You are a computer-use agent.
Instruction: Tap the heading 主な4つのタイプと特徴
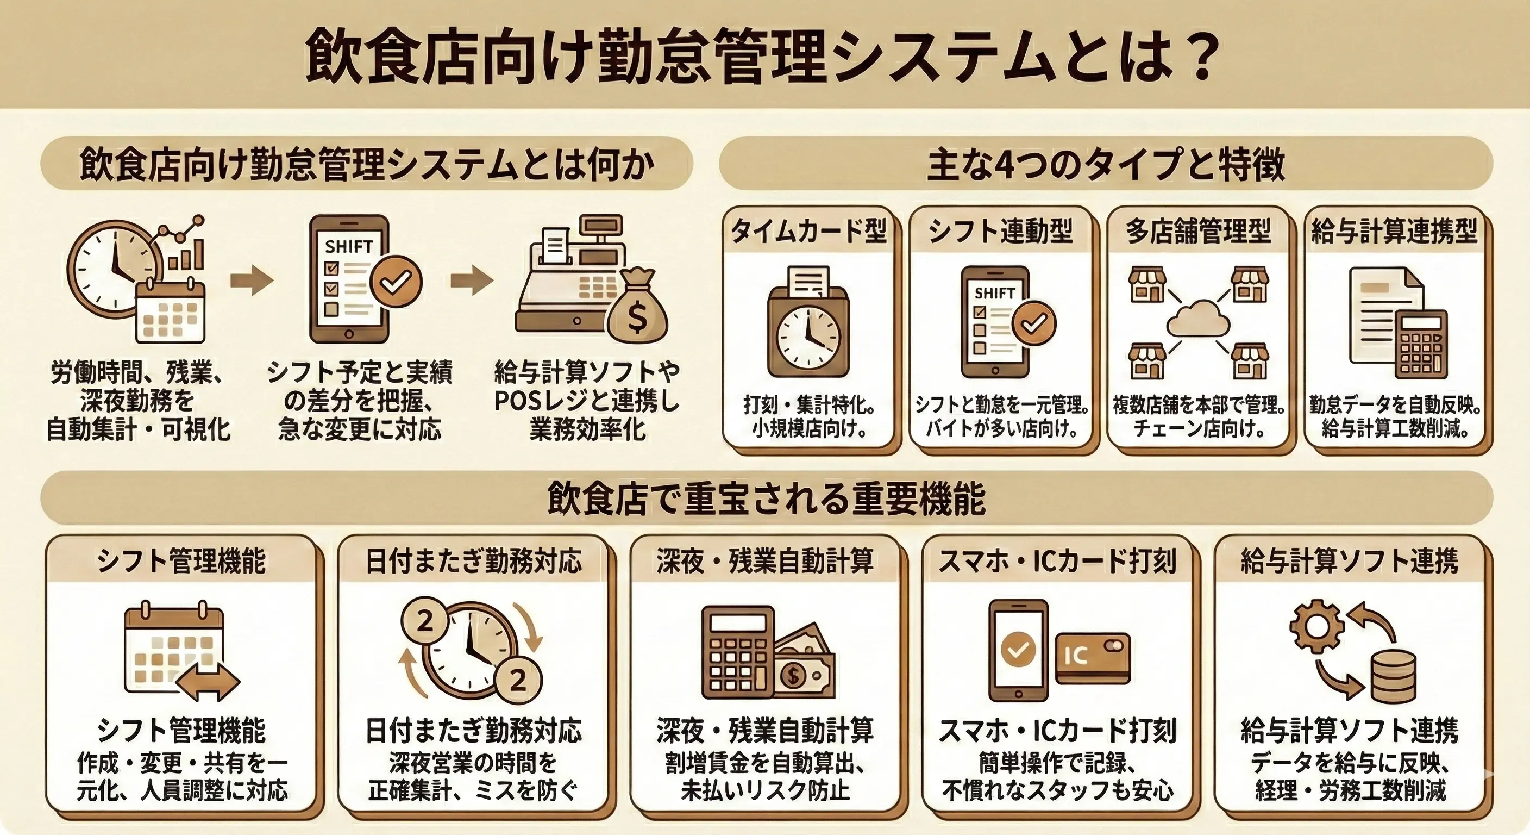(1105, 165)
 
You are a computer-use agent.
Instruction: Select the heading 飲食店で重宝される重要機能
(766, 498)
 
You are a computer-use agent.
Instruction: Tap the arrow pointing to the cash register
(472, 280)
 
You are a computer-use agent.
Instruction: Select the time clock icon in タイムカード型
(808, 330)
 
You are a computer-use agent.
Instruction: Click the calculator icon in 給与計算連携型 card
(1421, 344)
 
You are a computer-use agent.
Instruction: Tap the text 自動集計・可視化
(139, 429)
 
